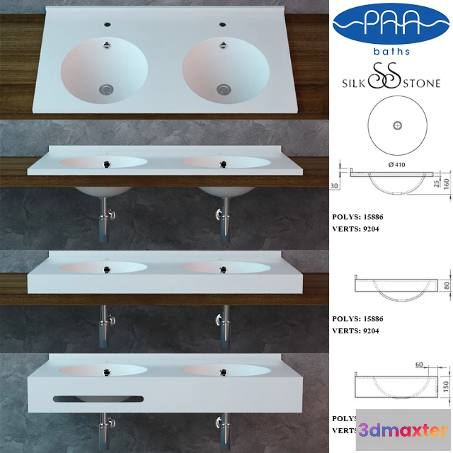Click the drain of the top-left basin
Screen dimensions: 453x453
[x=106, y=89]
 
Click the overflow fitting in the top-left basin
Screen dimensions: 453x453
[x=107, y=45]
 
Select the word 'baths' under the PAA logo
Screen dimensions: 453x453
[x=391, y=51]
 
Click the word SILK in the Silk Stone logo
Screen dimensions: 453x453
[x=353, y=83]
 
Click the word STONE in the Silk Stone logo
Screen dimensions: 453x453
[x=422, y=83]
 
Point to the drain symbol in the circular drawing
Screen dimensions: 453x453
[x=398, y=126]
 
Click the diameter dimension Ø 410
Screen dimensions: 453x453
[x=396, y=165]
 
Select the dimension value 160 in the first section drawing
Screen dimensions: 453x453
[x=447, y=184]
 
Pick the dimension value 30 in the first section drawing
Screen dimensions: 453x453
[x=334, y=186]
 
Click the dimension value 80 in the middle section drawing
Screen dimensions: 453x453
[x=447, y=285]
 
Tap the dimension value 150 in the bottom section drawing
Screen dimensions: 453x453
[x=446, y=386]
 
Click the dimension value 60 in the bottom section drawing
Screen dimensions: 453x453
[x=419, y=364]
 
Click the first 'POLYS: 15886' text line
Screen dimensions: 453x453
[x=357, y=217]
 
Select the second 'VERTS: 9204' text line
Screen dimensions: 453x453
[x=355, y=331]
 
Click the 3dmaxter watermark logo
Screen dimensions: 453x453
[x=403, y=430]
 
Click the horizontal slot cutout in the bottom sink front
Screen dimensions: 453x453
[x=98, y=399]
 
